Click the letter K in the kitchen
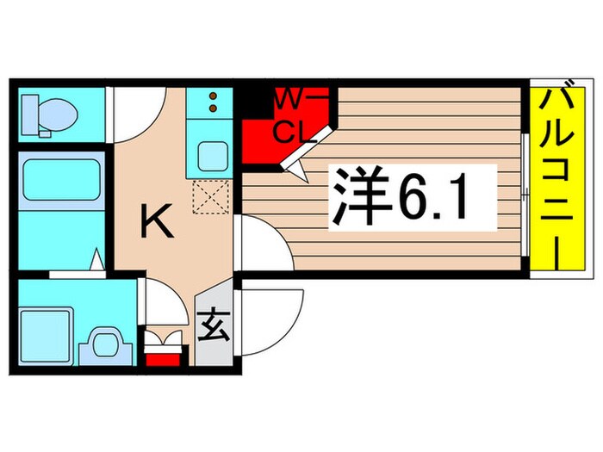point(158,224)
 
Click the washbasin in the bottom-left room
point(106,344)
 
